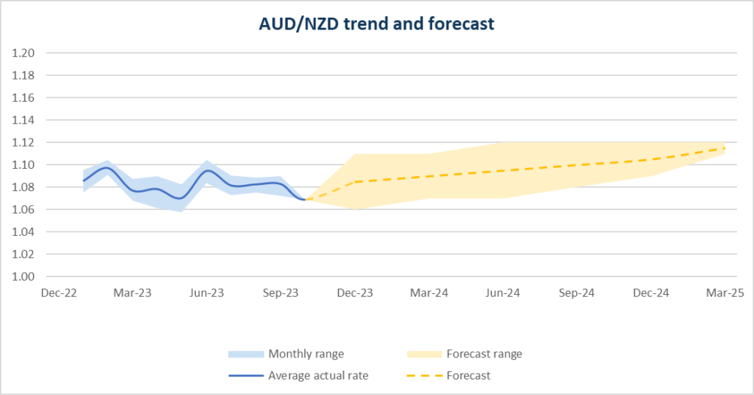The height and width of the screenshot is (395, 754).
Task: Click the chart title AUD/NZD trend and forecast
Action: point(376,24)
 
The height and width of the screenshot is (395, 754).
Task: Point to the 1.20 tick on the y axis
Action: point(24,53)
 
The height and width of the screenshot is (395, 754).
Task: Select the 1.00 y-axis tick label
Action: point(24,276)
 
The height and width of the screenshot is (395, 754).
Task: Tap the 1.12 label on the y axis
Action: point(24,142)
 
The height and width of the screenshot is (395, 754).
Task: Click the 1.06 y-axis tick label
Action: point(24,209)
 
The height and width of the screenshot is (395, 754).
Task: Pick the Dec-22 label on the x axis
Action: point(59,293)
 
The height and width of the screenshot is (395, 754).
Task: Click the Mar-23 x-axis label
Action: point(133,293)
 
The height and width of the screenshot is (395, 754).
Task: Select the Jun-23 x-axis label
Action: point(207,293)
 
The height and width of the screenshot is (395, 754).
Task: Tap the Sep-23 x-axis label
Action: point(281,293)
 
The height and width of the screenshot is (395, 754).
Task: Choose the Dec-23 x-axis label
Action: point(355,293)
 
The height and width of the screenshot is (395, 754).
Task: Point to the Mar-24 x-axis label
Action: point(429,293)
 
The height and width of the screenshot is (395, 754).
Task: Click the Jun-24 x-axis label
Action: point(503,293)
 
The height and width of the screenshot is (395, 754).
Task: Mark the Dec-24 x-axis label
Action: point(651,293)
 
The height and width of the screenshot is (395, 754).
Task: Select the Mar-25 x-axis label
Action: point(725,293)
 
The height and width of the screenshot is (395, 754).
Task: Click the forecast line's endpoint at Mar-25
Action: point(725,148)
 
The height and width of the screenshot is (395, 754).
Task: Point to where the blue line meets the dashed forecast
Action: point(306,200)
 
